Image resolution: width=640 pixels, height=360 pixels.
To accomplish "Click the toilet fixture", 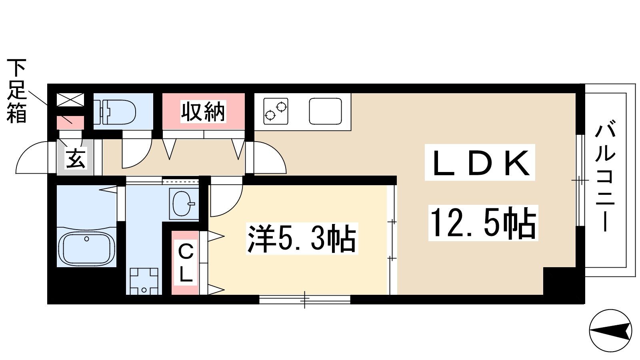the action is coord(115,112).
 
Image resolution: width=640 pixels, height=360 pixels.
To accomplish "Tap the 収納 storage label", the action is coord(203,112).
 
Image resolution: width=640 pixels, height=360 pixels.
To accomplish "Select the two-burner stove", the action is coord(276,111).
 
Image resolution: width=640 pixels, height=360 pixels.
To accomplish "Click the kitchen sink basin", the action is coord(326,111).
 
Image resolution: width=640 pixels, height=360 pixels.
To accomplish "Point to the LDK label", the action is coord(480,162).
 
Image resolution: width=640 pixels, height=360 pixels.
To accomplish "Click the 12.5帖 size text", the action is coord(483,223).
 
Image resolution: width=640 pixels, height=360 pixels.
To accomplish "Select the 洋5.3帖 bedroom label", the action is coord(302,239).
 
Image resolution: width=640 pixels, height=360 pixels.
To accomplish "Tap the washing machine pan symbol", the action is coord(144,281).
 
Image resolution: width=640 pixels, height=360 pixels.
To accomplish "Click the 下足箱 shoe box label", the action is coord(16,91).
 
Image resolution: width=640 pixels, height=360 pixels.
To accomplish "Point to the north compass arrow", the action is coord(610,330).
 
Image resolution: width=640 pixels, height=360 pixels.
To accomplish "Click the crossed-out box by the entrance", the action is coord(70,100).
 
